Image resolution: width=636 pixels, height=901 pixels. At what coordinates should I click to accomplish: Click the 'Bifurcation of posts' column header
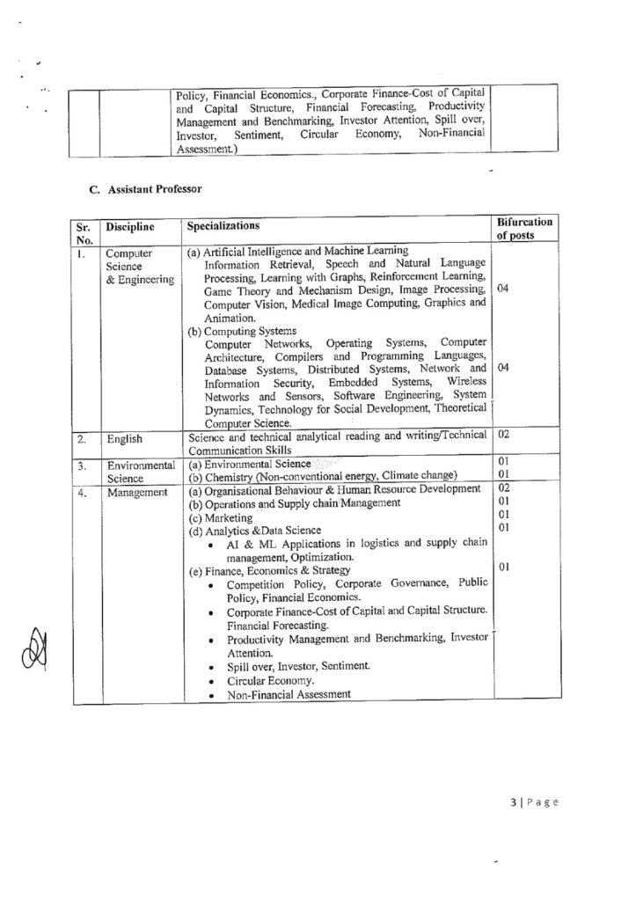524,230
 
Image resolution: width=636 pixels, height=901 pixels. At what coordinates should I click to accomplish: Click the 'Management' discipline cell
138,493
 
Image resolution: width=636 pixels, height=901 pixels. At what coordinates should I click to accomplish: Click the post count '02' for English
504,435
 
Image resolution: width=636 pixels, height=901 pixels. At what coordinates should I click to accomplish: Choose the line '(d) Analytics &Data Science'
255,530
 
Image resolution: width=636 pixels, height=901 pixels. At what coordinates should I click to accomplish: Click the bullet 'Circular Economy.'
268,680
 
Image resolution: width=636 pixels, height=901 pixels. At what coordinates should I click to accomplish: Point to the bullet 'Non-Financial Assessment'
289,693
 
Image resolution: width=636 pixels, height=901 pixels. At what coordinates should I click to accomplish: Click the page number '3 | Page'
533,802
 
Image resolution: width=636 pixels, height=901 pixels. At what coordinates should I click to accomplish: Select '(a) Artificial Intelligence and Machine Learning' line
297,251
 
